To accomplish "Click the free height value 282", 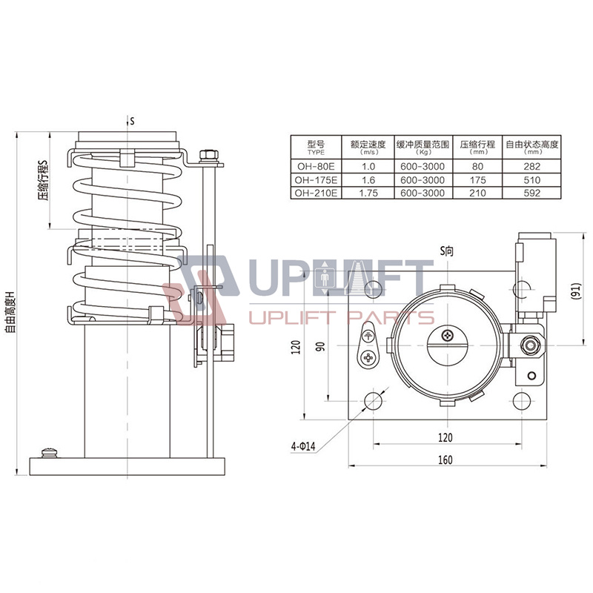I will coord(531,167).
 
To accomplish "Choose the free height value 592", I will coord(531,193).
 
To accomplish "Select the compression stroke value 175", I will coord(477,180).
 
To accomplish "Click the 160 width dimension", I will coord(445,460).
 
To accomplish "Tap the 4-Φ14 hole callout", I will coord(303,446).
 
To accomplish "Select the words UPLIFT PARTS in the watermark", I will coord(341,318).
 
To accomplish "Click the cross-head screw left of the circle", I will coord(368,359).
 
